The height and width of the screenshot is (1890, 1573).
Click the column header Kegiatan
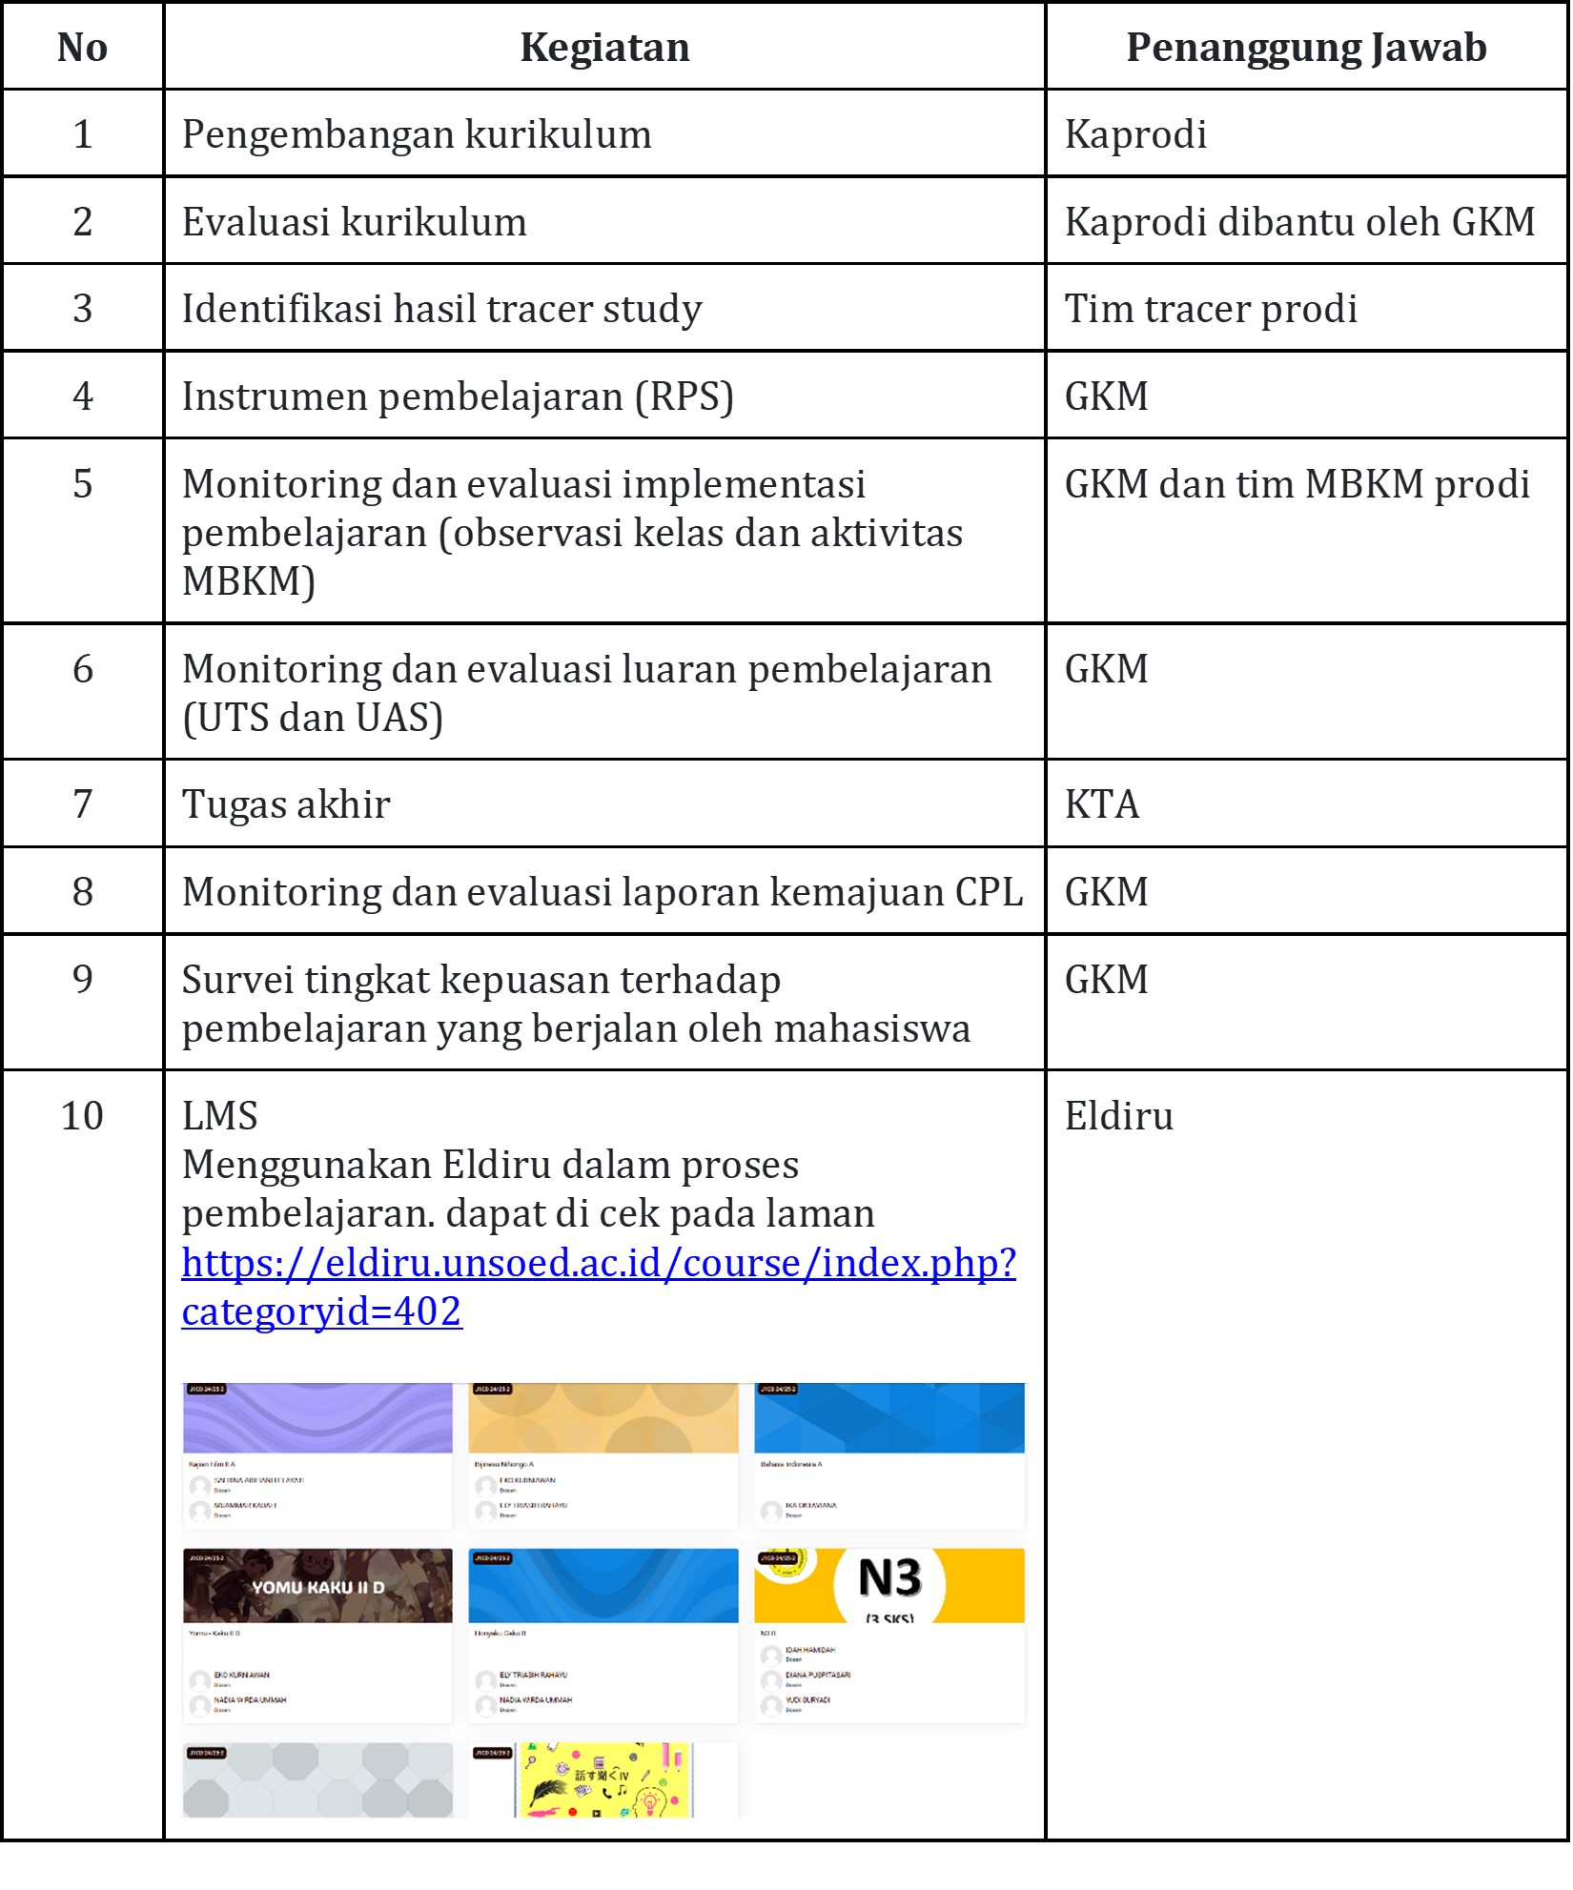tap(604, 48)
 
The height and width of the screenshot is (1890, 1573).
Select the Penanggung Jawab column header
tap(1305, 48)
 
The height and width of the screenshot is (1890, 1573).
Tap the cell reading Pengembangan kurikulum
tap(417, 134)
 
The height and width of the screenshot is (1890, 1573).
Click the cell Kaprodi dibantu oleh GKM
tap(1299, 222)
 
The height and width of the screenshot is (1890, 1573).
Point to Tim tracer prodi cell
tap(1211, 309)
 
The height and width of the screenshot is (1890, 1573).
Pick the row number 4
tap(83, 396)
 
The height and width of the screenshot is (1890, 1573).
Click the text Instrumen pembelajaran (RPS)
tap(458, 396)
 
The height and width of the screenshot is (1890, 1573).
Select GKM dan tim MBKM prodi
tap(1297, 484)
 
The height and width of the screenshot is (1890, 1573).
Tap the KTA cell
tap(1102, 804)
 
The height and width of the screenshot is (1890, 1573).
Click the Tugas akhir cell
tap(286, 804)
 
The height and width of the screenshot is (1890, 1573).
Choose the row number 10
tap(82, 1116)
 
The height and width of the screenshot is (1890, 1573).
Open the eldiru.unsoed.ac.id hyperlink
tap(599, 1264)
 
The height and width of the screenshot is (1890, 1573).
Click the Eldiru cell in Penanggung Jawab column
tap(1118, 1116)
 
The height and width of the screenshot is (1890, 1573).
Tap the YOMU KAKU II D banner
tap(317, 1587)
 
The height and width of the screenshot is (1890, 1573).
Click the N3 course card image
tap(889, 1586)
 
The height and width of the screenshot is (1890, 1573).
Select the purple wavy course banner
tap(317, 1418)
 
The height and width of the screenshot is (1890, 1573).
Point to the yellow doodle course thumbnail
tap(603, 1780)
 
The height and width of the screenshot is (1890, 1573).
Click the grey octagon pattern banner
tap(317, 1780)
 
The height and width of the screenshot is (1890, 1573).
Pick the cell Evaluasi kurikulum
tap(354, 222)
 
